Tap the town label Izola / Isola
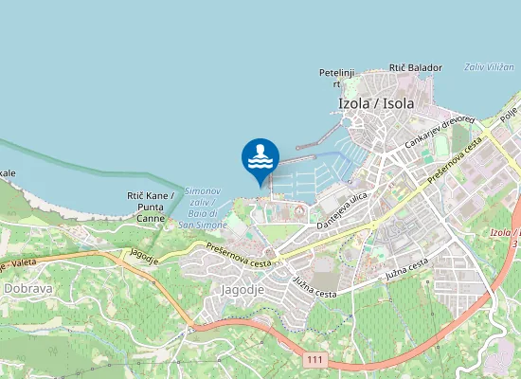pos(376,103)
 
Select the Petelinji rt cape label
pos(335,78)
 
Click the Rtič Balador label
pos(415,68)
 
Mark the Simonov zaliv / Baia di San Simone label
pos(203,208)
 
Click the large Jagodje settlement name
pos(241,288)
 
